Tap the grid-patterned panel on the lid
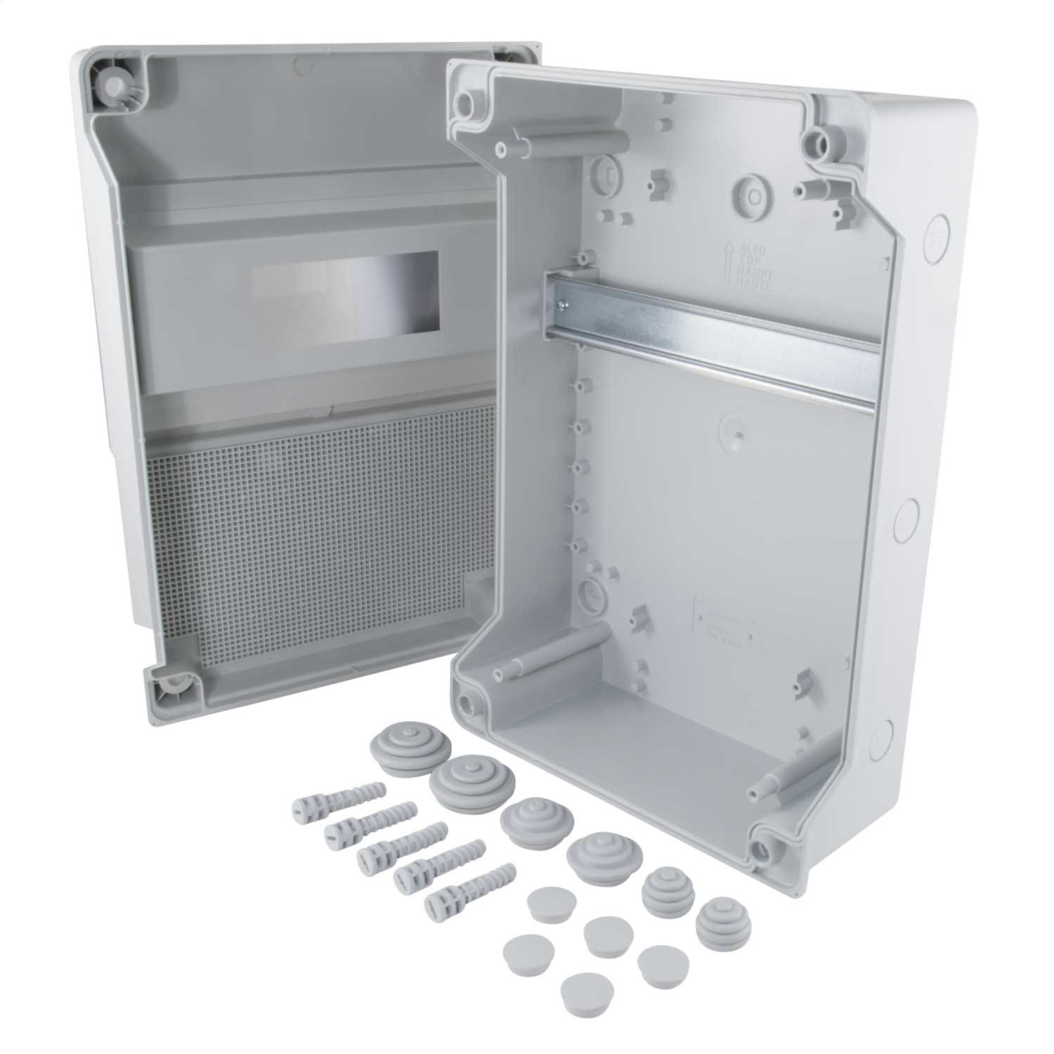point(309,534)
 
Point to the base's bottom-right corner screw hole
point(763,850)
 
